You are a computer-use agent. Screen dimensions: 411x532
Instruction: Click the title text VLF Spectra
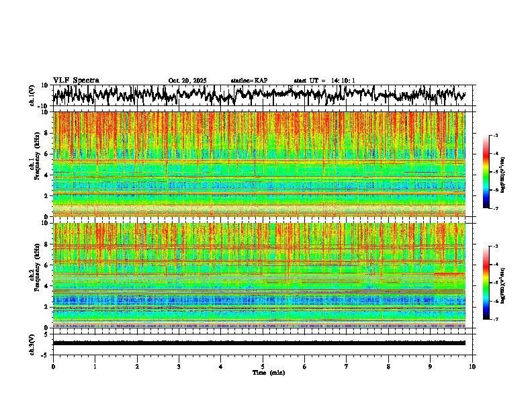click(76, 80)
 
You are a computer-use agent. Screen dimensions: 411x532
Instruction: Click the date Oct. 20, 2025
click(188, 81)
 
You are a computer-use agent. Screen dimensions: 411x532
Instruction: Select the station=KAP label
click(249, 81)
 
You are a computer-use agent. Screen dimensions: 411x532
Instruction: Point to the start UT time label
click(324, 81)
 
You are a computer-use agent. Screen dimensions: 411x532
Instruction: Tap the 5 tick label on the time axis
click(263, 366)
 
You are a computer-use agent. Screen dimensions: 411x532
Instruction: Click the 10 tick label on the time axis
click(472, 366)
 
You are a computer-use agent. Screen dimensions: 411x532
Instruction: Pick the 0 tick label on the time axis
click(53, 366)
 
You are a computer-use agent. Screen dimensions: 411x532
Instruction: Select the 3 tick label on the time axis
click(179, 366)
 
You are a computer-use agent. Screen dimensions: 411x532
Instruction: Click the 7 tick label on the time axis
click(347, 366)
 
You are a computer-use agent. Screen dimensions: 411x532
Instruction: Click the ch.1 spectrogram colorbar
click(492, 172)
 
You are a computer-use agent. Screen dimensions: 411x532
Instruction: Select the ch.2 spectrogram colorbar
click(492, 283)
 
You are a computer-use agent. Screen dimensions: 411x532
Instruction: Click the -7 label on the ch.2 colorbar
click(501, 320)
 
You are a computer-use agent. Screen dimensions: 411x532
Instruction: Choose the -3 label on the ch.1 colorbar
click(501, 136)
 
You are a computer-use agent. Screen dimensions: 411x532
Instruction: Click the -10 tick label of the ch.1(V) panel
click(44, 106)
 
